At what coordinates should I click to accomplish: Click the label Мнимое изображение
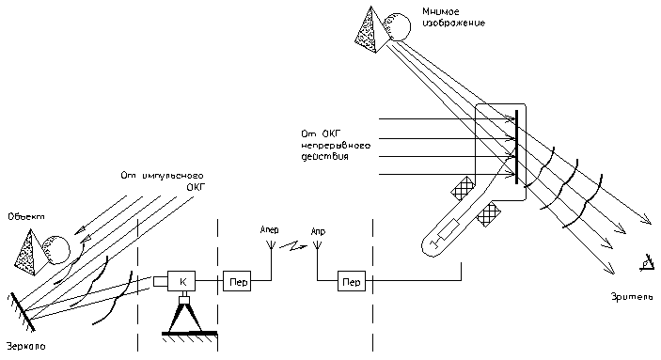[x=453, y=18]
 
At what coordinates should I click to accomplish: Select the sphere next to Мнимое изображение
[x=397, y=27]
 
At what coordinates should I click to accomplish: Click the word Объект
[x=26, y=217]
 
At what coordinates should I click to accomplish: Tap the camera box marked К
[x=181, y=281]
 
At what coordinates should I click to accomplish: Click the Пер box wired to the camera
[x=237, y=281]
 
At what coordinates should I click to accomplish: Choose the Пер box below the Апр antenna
[x=352, y=281]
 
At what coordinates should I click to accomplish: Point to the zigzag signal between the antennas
[x=293, y=245]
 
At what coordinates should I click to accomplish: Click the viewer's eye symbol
[x=647, y=263]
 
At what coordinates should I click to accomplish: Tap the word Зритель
[x=633, y=297]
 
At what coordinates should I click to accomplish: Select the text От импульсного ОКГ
[x=163, y=181]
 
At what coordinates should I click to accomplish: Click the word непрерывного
[x=336, y=146]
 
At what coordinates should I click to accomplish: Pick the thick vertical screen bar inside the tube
[x=517, y=148]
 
